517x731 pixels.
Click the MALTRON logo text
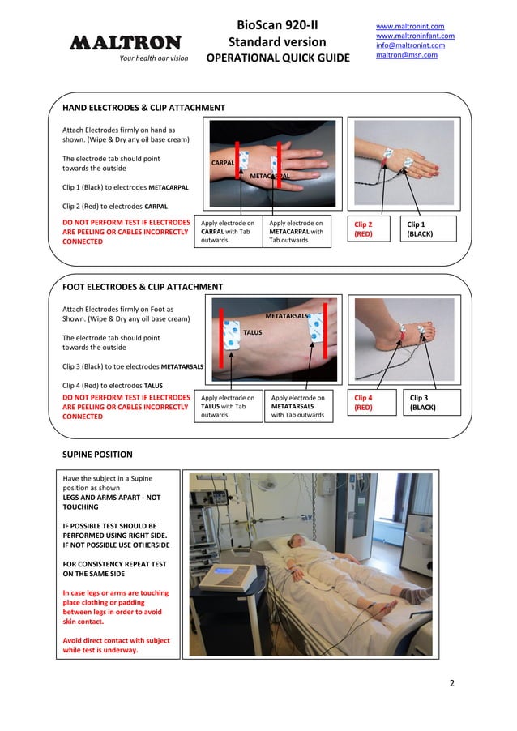tap(125, 42)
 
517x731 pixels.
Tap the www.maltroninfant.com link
tap(415, 36)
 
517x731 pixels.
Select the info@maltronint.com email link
tap(410, 45)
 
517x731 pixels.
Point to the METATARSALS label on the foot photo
tap(288, 315)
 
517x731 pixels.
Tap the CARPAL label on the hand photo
tap(223, 163)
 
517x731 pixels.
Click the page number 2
tap(452, 682)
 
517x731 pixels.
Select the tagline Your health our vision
tap(153, 58)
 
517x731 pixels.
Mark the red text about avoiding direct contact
tap(116, 645)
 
